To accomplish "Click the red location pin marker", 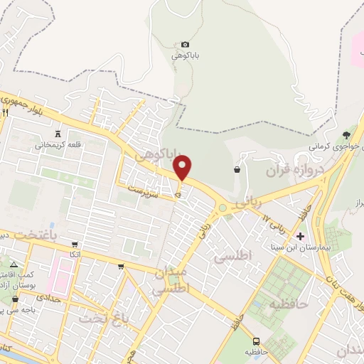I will coord(183,169).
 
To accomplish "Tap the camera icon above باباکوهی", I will coord(186,44).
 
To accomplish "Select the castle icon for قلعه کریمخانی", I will coord(58,134).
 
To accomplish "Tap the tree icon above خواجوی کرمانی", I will coord(346,134).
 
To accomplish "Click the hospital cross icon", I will coord(301,236).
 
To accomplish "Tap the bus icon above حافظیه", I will coord(256,341).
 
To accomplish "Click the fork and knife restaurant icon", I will coord(5,112).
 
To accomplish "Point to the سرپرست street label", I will coord(141,191).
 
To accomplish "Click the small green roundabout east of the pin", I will coord(223,208).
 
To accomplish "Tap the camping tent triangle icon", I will coord(13,264).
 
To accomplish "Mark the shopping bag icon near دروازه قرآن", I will coord(236,170).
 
